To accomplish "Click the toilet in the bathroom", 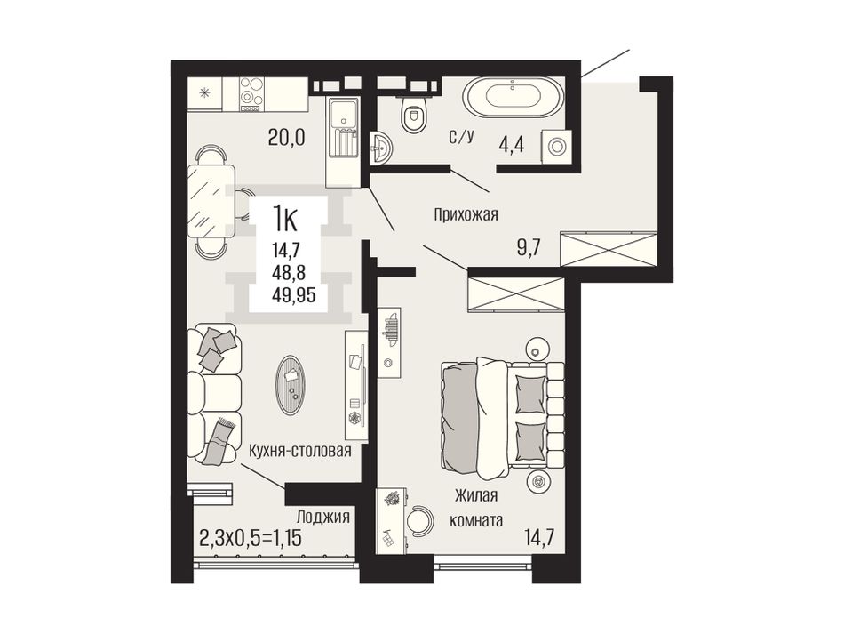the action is click(414, 113).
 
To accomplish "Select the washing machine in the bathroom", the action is click(557, 146).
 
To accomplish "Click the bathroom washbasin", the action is click(382, 147).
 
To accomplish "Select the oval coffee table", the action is click(291, 386).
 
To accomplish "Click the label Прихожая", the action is click(466, 215).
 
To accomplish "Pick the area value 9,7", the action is click(527, 248).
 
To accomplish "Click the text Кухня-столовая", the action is click(299, 451).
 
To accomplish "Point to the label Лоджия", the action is click(323, 518).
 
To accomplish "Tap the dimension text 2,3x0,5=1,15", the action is click(251, 538).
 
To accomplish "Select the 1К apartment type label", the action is click(285, 219).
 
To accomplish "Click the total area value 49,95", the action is click(295, 295).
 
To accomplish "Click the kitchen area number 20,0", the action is click(286, 138).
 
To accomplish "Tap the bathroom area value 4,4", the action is click(511, 146).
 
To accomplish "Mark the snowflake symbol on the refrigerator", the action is click(204, 92).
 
